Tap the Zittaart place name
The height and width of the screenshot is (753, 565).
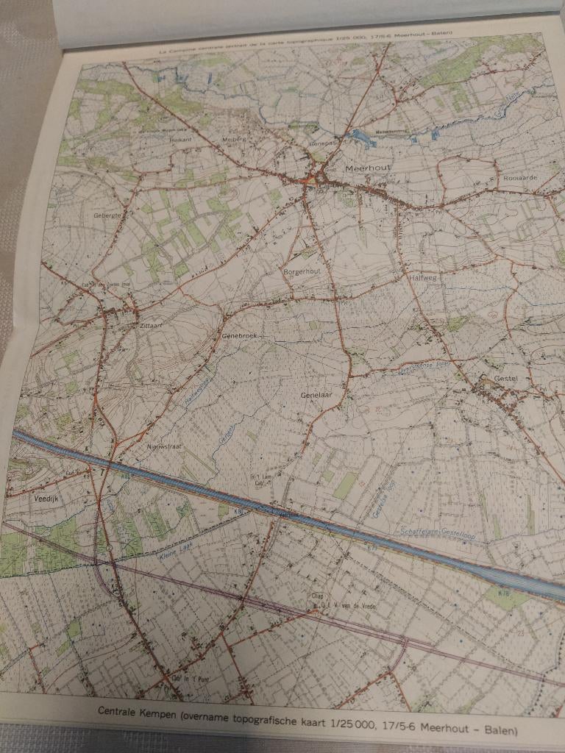click(149, 324)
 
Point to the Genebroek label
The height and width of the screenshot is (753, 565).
click(238, 335)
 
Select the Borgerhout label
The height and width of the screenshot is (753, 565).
click(299, 272)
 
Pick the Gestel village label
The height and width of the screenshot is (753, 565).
click(506, 379)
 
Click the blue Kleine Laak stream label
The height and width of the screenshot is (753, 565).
click(177, 546)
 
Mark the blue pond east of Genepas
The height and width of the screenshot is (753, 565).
click(364, 137)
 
